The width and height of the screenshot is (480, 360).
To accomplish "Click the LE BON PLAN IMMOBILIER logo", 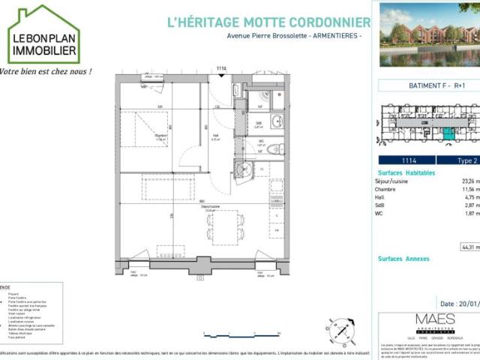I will [43, 35].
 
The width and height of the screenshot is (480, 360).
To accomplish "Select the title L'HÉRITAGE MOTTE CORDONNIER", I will [268, 23].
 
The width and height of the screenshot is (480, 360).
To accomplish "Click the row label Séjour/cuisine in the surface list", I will [393, 181].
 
